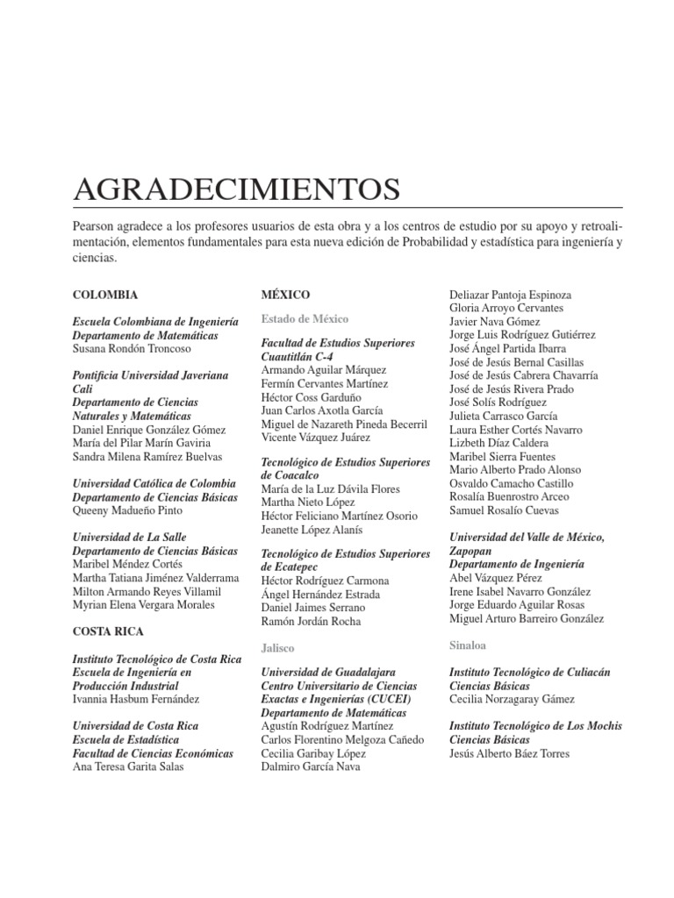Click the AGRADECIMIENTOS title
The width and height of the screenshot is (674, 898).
[x=237, y=189]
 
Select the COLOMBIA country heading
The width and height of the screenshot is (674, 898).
[x=105, y=295]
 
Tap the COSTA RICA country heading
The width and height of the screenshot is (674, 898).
[x=109, y=631]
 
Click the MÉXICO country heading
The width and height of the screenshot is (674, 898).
[x=285, y=295]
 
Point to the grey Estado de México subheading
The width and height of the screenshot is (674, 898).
[x=305, y=318]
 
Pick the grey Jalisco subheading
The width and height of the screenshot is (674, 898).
[x=277, y=647]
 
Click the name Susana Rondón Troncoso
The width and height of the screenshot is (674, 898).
[x=132, y=348]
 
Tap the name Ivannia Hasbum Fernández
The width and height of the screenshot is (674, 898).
[x=136, y=699]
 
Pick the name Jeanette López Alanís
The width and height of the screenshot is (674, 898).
[x=312, y=530]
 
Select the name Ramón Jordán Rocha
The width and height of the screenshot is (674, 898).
[x=311, y=621]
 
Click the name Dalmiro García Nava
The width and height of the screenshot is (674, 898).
[x=311, y=766]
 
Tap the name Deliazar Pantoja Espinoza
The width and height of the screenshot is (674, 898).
[x=510, y=295]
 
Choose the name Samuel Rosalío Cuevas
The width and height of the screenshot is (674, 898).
[x=503, y=510]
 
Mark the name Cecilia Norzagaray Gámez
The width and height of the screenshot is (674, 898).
[x=512, y=699]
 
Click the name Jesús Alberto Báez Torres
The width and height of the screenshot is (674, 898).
[x=509, y=753]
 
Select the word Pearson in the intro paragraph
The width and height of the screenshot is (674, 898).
[x=94, y=227]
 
